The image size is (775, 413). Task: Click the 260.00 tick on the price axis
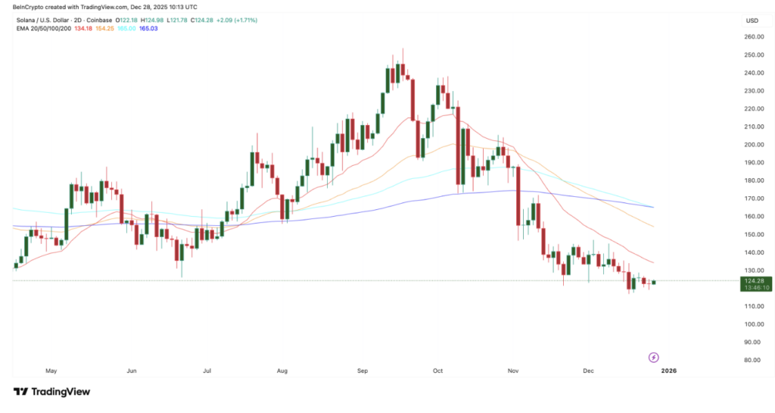tap(752, 37)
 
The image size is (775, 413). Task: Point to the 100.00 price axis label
tap(752, 324)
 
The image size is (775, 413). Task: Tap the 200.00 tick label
tap(752, 145)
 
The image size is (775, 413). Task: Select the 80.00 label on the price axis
tap(752, 360)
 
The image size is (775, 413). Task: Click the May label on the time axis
tap(51, 371)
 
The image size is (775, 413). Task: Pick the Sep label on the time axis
tap(362, 371)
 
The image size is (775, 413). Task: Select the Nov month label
tap(513, 371)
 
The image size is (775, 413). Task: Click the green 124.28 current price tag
tap(756, 281)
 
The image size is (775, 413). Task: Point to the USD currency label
tap(752, 20)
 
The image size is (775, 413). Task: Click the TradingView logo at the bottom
tap(51, 392)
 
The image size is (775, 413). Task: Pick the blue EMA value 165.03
tap(148, 28)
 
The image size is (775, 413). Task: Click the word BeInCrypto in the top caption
tap(31, 7)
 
